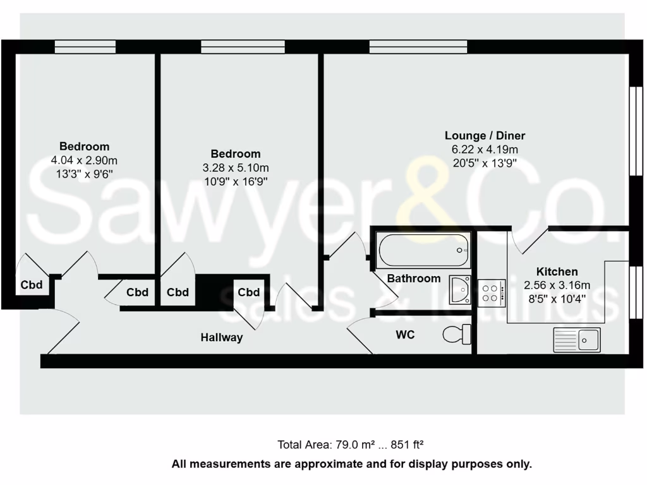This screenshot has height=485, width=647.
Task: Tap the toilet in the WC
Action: tap(457, 333)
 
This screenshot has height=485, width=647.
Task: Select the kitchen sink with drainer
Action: tap(577, 340)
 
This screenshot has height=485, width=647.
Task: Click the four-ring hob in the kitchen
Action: tap(492, 292)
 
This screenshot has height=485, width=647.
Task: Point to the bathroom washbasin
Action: tap(460, 289)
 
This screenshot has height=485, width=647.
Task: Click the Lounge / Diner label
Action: tap(485, 136)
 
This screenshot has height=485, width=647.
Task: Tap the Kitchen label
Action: tap(557, 272)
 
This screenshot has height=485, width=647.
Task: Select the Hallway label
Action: tap(222, 338)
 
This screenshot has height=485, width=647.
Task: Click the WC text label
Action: tap(405, 335)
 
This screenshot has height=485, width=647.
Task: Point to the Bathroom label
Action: tap(414, 278)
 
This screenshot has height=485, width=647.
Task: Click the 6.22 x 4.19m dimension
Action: tap(485, 150)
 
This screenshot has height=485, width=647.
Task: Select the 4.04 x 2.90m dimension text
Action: tap(84, 160)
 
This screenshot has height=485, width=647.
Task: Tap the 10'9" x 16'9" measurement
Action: tap(235, 182)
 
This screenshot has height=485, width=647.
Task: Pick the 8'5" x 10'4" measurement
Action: tap(556, 299)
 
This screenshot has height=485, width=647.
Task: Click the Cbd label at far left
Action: tap(32, 285)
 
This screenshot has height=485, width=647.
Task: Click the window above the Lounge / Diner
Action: tap(418, 46)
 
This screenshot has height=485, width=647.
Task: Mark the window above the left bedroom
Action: tap(85, 46)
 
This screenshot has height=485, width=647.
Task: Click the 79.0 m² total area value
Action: tap(348, 445)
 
